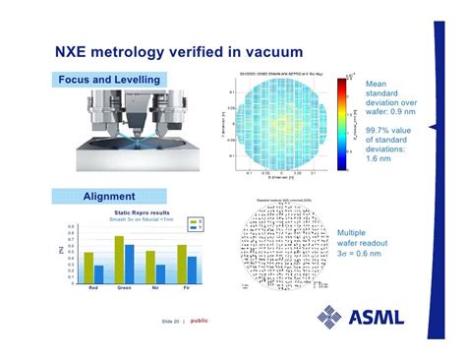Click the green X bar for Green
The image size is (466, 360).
click(119, 259)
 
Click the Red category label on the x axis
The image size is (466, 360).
click(93, 289)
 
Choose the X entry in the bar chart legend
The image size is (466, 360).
click(193, 220)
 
